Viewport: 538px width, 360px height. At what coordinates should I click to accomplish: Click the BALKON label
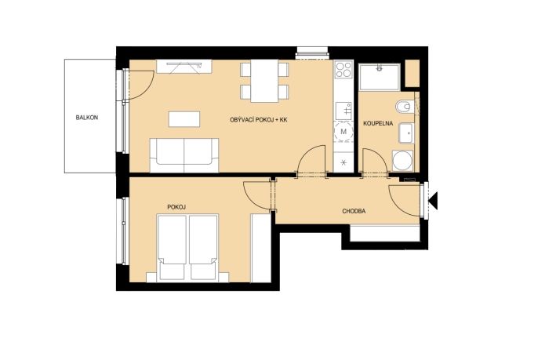tap(87, 118)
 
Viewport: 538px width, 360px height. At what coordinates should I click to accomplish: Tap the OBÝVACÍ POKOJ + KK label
tap(258, 120)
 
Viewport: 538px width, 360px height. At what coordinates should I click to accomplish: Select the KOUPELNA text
tap(378, 123)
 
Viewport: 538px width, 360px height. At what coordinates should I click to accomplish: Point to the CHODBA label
tap(354, 211)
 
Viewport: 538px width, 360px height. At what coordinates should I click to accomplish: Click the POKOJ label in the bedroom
tap(176, 207)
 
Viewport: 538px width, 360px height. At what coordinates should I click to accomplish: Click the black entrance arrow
tap(434, 201)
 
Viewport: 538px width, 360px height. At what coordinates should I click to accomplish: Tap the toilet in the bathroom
tap(405, 107)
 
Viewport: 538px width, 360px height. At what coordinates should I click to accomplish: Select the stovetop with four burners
tap(344, 70)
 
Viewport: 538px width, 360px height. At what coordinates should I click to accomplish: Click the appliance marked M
tap(344, 132)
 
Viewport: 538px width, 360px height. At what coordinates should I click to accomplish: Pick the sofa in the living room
tap(184, 155)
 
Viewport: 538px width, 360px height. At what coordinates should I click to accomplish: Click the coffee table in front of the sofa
tap(184, 119)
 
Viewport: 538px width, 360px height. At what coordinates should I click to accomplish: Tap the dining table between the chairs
tap(264, 81)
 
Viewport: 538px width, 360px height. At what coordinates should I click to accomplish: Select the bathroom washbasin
tap(406, 133)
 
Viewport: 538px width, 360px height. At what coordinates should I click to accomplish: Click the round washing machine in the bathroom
tap(403, 161)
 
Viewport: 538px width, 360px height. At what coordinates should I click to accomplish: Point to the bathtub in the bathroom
tap(380, 77)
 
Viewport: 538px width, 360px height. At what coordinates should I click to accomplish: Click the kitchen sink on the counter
tap(344, 111)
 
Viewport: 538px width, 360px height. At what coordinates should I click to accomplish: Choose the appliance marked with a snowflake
tap(344, 162)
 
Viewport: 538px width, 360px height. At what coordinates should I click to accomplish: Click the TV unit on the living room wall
tap(184, 66)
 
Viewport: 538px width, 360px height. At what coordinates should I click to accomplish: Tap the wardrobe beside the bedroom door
tap(261, 248)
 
